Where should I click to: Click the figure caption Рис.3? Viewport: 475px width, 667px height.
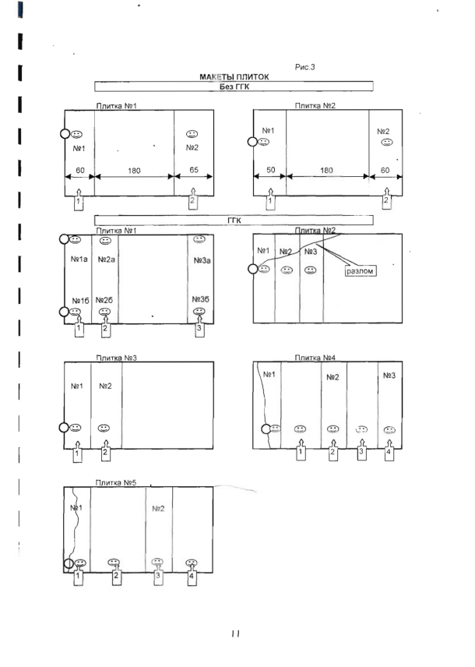pos(305,67)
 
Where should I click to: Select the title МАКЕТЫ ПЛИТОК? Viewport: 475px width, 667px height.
pos(234,77)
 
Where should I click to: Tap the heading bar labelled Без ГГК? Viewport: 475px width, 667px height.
pos(234,86)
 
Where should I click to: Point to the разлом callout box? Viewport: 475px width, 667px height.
pos(360,271)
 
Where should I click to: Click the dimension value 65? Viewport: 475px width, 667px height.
pos(194,170)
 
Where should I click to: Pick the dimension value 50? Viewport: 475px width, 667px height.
pos(270,170)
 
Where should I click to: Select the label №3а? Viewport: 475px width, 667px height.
pos(202,260)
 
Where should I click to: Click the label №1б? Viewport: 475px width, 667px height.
pos(80,300)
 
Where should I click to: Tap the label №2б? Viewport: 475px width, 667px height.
pos(104,300)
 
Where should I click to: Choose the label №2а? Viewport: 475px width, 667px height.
pos(107,259)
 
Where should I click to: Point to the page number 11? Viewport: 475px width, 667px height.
pos(236,633)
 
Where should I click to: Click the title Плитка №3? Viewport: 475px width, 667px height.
pos(116,358)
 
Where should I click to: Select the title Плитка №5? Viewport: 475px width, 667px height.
pos(116,483)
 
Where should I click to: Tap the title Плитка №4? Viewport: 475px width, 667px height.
pos(315,358)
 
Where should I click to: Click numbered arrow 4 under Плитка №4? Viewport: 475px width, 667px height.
pos(389,450)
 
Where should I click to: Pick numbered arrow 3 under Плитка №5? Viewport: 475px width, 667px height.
pos(158,576)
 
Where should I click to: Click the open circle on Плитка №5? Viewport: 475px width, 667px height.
pos(69,563)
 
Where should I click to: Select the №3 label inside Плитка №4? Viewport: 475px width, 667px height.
pos(389,376)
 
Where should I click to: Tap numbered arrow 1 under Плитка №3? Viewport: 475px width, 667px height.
pos(77,452)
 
